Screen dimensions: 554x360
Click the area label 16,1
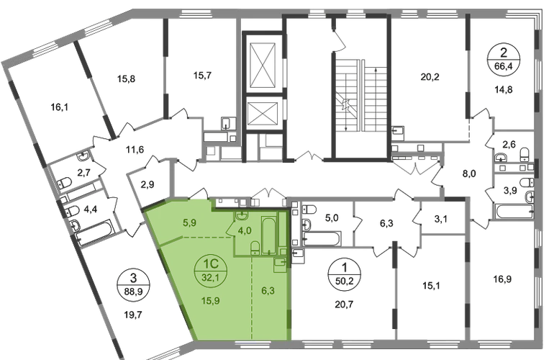click(x=59, y=107)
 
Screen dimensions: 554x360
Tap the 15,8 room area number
click(x=126, y=78)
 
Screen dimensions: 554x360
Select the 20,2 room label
click(x=430, y=76)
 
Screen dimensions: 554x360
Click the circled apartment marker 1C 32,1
click(x=211, y=270)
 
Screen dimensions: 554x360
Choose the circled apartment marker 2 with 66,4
click(x=504, y=60)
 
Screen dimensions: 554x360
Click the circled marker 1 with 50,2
click(x=345, y=275)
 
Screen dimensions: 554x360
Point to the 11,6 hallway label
click(x=135, y=150)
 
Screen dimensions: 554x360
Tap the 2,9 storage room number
click(x=147, y=184)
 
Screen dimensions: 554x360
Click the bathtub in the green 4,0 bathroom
click(x=269, y=235)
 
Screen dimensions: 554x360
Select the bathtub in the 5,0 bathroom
click(x=322, y=238)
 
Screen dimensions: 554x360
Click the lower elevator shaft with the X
click(x=262, y=114)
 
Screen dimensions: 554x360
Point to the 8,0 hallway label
click(x=469, y=174)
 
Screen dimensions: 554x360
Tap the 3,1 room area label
click(x=440, y=220)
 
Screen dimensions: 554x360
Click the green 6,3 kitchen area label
click(x=268, y=291)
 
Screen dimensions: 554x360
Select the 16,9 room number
click(x=502, y=279)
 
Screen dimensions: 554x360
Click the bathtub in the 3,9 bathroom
click(x=514, y=212)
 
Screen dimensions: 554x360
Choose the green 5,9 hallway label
click(x=189, y=222)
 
